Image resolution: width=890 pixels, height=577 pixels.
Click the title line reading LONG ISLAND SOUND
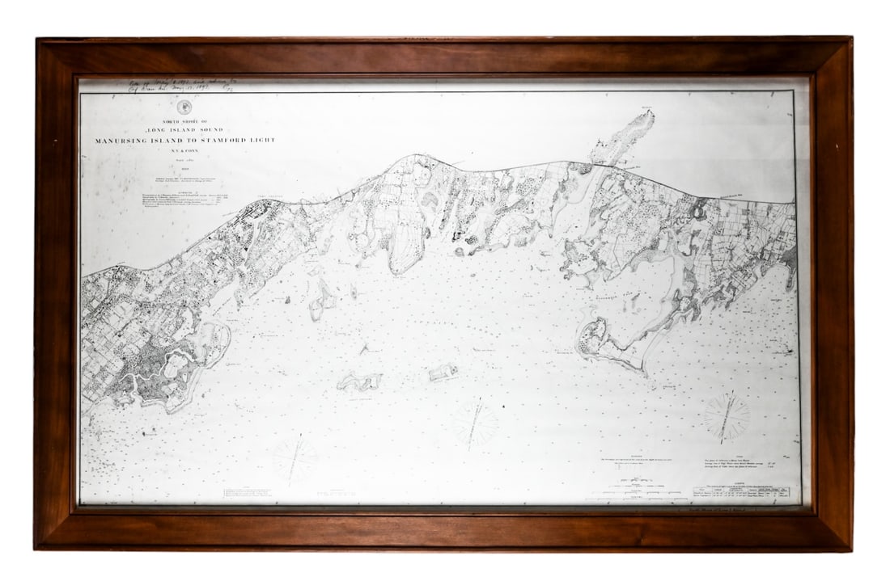[x=184, y=129]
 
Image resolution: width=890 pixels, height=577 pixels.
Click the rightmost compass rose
[x=726, y=417]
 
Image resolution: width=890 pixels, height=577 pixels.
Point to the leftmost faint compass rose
[x=295, y=459]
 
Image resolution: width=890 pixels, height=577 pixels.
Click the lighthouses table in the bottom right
[x=740, y=492]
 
